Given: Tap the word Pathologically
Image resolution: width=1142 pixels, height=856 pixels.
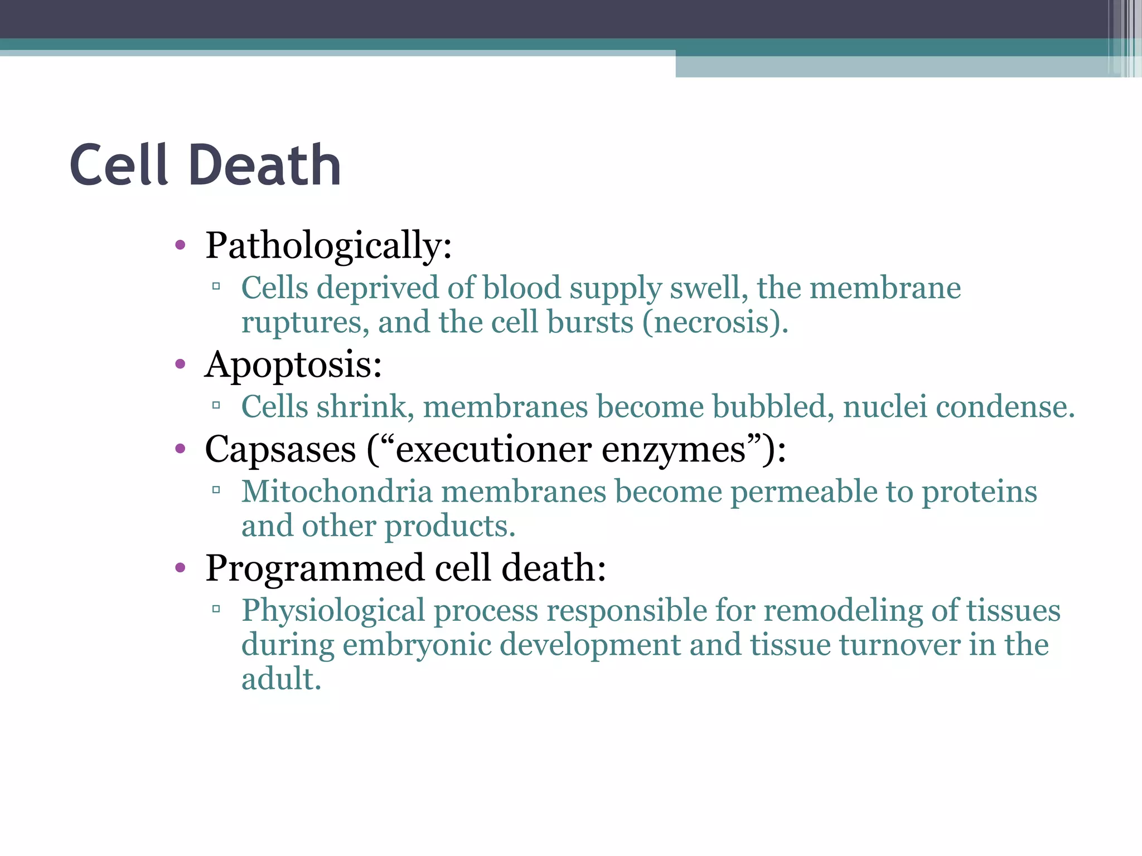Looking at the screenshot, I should tap(328, 246).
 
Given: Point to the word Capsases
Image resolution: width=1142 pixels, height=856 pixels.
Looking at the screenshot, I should tap(280, 450).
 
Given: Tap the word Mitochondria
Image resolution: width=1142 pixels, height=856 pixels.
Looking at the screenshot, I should tap(337, 492).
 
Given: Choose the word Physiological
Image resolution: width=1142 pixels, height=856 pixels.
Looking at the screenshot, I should tap(333, 611).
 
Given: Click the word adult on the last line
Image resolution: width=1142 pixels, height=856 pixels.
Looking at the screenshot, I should tap(280, 679).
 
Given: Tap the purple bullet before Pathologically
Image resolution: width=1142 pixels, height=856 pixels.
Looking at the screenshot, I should tap(180, 245).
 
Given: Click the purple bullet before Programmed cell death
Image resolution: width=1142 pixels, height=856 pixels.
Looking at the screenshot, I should tap(180, 568).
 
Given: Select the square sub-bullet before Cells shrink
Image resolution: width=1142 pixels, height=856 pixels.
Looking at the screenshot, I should tap(216, 406).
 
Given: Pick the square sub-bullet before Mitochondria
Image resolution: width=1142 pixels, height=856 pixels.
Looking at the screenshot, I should tap(216, 490).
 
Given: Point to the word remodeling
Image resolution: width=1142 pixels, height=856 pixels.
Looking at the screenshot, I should tap(843, 611).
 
